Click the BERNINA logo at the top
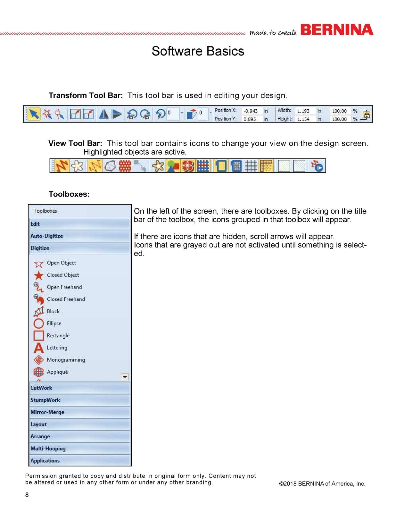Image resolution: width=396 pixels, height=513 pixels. click(x=337, y=30)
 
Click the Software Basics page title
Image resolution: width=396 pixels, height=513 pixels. click(x=198, y=51)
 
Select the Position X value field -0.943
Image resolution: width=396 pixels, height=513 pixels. click(x=251, y=111)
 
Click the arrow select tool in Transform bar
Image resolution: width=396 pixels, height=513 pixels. click(x=34, y=114)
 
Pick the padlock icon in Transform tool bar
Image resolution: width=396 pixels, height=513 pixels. click(x=366, y=114)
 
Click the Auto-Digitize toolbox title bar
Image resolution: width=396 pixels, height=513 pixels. click(x=79, y=236)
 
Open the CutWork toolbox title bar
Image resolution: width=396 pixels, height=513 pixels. click(x=79, y=388)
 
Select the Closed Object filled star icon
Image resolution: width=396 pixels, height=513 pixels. click(x=39, y=275)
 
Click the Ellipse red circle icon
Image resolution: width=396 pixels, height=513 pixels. click(x=39, y=324)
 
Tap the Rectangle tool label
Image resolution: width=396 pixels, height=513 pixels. click(x=58, y=336)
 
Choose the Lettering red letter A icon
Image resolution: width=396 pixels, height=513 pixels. click(x=39, y=348)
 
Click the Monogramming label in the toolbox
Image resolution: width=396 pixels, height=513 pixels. click(x=66, y=360)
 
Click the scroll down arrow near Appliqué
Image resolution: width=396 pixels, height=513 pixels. click(x=125, y=377)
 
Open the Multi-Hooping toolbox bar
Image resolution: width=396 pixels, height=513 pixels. click(x=79, y=449)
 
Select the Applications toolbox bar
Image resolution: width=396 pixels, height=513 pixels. click(x=79, y=461)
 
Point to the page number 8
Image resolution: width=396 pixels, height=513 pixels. click(x=27, y=495)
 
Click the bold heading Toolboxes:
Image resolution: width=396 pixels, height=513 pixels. click(x=69, y=194)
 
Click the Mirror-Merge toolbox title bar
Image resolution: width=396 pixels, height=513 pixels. click(x=79, y=412)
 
